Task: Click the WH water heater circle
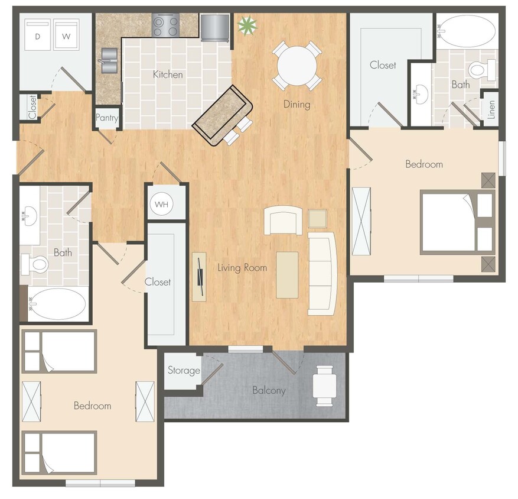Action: [x=162, y=205]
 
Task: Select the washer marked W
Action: [x=66, y=37]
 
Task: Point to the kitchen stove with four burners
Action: [x=165, y=25]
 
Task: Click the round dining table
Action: [x=297, y=65]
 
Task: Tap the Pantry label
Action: [x=107, y=118]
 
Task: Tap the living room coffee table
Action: [x=288, y=275]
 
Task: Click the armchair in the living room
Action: [x=283, y=220]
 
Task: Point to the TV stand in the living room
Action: [x=199, y=277]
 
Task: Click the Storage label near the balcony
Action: [x=184, y=371]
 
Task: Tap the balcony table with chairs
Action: [x=325, y=385]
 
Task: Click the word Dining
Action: [x=297, y=105]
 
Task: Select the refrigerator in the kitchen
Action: [x=214, y=27]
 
